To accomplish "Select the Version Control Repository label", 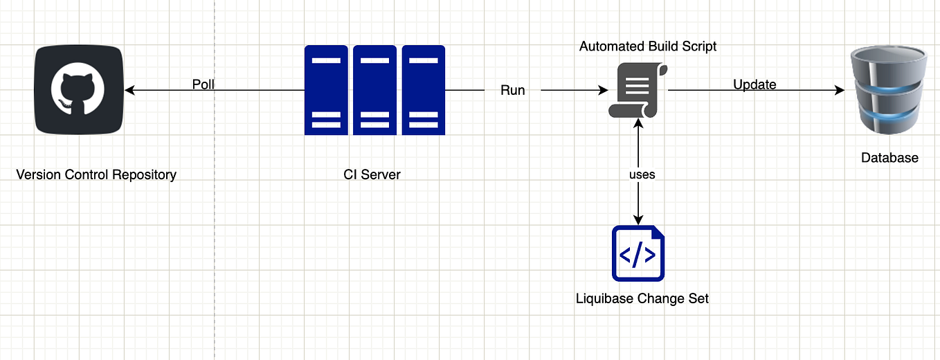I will tap(96, 174).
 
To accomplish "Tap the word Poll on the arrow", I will tap(204, 84).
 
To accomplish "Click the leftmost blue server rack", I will tap(326, 90).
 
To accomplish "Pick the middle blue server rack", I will tap(374, 90).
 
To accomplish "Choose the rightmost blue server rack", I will tap(423, 90).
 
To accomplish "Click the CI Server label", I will tap(372, 174).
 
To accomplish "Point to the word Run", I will tap(512, 90).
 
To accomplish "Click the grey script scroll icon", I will tap(638, 90).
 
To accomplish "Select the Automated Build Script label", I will tap(648, 46).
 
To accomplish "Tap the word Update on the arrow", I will tap(754, 84).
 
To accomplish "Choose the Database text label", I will tap(889, 158).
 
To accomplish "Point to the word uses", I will tap(642, 174).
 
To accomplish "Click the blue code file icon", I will tap(638, 253).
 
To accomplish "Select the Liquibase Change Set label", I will tap(642, 299).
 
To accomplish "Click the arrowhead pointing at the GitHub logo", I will tap(129, 90).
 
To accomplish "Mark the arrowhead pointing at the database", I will tap(840, 90).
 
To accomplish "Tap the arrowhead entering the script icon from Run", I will tap(603, 90).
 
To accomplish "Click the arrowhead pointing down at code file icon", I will tap(638, 219).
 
